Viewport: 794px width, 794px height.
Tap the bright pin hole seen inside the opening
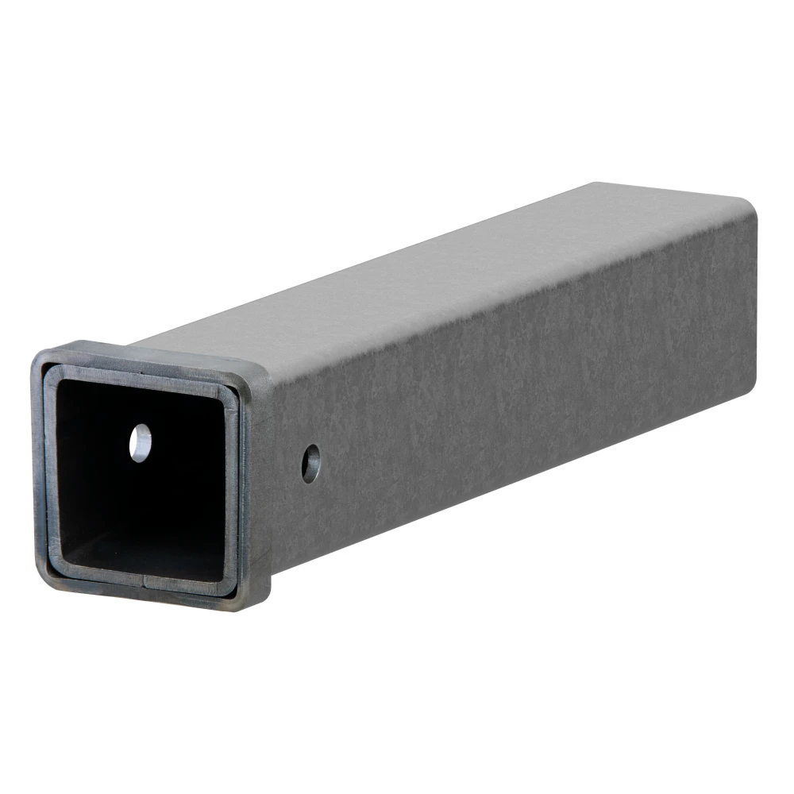click(141, 441)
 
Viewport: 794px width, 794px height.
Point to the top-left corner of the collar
click(40, 354)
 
